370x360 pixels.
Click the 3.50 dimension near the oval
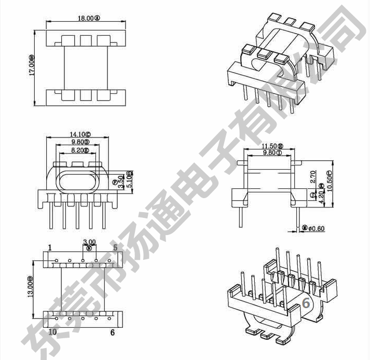pos(121,182)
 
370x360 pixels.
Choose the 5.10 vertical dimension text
pos(129,179)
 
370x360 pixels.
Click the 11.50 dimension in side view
pos(272,147)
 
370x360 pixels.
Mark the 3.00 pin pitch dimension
pos(89,242)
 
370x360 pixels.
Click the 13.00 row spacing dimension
pos(31,287)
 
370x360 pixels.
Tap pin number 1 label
pos(50,248)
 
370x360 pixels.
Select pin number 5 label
pos(115,248)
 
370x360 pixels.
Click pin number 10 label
pos(52,331)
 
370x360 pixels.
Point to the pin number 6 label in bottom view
pos(112,333)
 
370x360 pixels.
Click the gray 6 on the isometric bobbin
pos(306,303)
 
